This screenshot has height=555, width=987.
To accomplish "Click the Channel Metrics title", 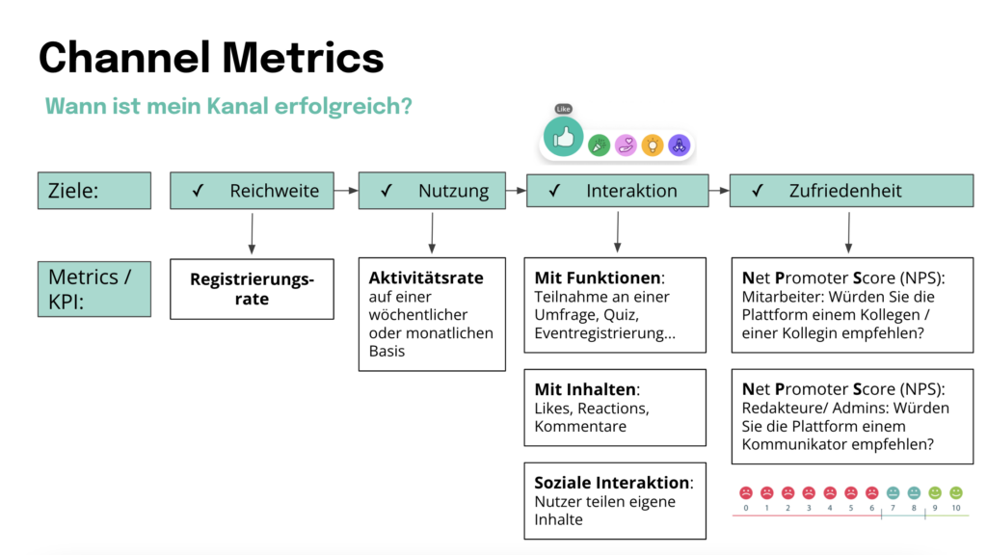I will coord(211,57).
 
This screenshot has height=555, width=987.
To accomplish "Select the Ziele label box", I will coord(93,190).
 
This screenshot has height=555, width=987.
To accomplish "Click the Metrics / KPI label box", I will coord(93,288).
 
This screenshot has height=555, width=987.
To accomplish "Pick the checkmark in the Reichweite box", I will coord(197,191).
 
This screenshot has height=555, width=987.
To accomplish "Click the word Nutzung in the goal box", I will coord(453,191).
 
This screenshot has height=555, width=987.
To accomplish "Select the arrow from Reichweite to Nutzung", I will coord(346,191).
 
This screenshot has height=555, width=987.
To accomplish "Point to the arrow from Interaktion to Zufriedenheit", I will coord(718,191).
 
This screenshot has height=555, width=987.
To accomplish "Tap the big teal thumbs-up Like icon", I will coord(564,138).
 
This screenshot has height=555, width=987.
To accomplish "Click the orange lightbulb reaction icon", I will coord(653,145).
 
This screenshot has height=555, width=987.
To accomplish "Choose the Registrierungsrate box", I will coord(252,289).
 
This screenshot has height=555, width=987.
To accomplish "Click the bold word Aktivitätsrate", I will coord(426,277).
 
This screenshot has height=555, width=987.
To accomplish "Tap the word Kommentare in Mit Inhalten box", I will coord(580,426).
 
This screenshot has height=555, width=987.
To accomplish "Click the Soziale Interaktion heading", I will coord(613,483).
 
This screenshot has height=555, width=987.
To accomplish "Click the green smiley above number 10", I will coord(956,492).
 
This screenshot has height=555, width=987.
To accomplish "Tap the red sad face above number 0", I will coord(745,492).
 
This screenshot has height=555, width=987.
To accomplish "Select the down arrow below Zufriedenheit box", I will coord(848,232).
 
